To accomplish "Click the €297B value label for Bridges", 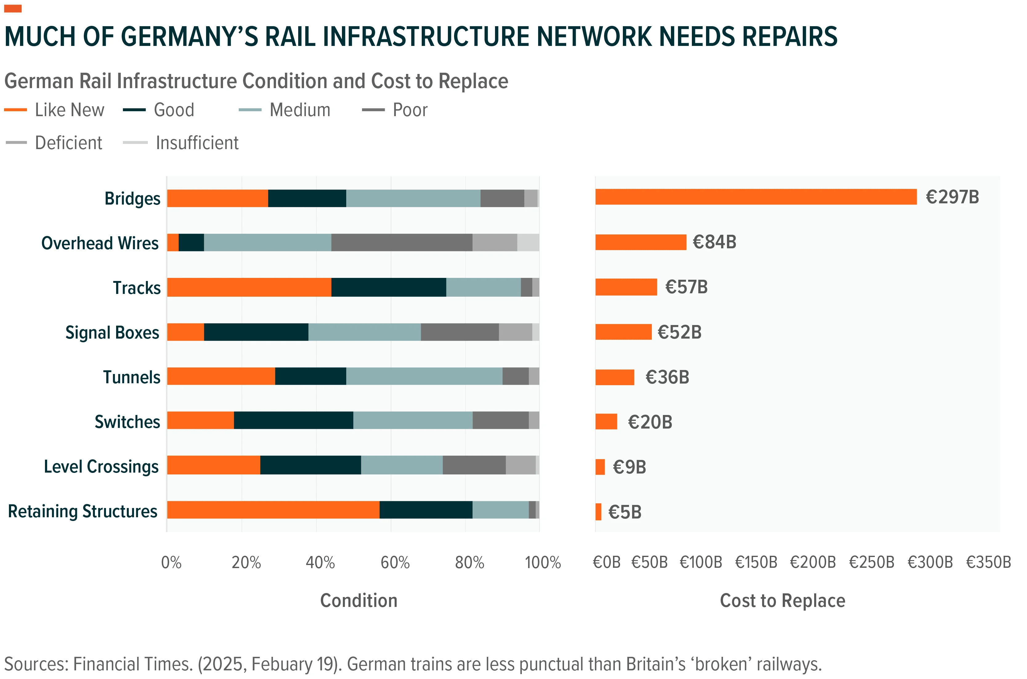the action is point(952,197).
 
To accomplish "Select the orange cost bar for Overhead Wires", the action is point(641,242).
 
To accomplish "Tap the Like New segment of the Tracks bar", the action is point(250,287).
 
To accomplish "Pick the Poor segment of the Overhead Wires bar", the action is point(402,242).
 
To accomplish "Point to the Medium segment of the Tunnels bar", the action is point(424,376).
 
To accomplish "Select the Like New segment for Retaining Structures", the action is point(274,510).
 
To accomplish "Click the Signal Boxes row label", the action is point(112,333).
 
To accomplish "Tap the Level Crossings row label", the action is point(101,467).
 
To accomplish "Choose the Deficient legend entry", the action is point(54,143).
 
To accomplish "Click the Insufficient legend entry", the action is point(181,143).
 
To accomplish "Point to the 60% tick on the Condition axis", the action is point(395,563).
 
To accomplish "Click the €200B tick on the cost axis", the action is point(813,563).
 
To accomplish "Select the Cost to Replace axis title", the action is point(782,601).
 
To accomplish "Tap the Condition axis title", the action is point(359,601).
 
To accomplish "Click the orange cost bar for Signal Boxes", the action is point(623,332).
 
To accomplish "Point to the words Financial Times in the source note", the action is point(133,664).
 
